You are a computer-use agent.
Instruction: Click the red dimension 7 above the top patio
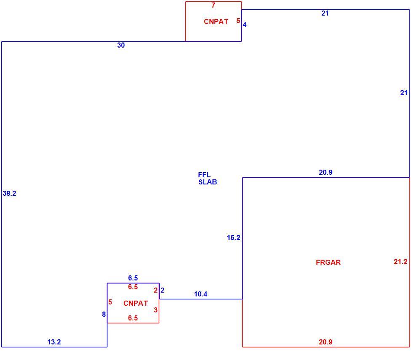[x=213, y=5]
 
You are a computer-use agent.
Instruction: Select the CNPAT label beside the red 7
[x=216, y=21]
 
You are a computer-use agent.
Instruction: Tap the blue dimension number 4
[x=244, y=25]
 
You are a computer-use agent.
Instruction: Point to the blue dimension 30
[x=121, y=45]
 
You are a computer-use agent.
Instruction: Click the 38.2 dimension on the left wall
[x=9, y=193]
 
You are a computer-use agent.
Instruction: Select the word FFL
[x=204, y=175]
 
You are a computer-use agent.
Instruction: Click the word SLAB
[x=208, y=182]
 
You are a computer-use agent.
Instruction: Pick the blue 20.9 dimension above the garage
[x=326, y=172]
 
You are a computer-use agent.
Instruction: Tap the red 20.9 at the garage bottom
[x=326, y=342]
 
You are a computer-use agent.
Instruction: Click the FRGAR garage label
[x=328, y=262]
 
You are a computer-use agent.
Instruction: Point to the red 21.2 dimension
[x=401, y=261]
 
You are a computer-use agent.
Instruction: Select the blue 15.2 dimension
[x=233, y=238]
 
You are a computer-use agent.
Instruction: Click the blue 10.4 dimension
[x=201, y=294]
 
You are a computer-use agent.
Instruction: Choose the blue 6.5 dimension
[x=133, y=278]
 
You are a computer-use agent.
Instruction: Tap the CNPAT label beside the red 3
[x=136, y=303]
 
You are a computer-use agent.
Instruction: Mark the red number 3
[x=155, y=310]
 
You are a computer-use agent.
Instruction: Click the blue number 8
[x=104, y=314]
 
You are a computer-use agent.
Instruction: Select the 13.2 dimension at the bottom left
[x=54, y=342]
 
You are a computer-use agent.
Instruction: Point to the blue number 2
[x=163, y=291]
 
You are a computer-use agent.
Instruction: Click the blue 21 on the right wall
[x=404, y=93]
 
